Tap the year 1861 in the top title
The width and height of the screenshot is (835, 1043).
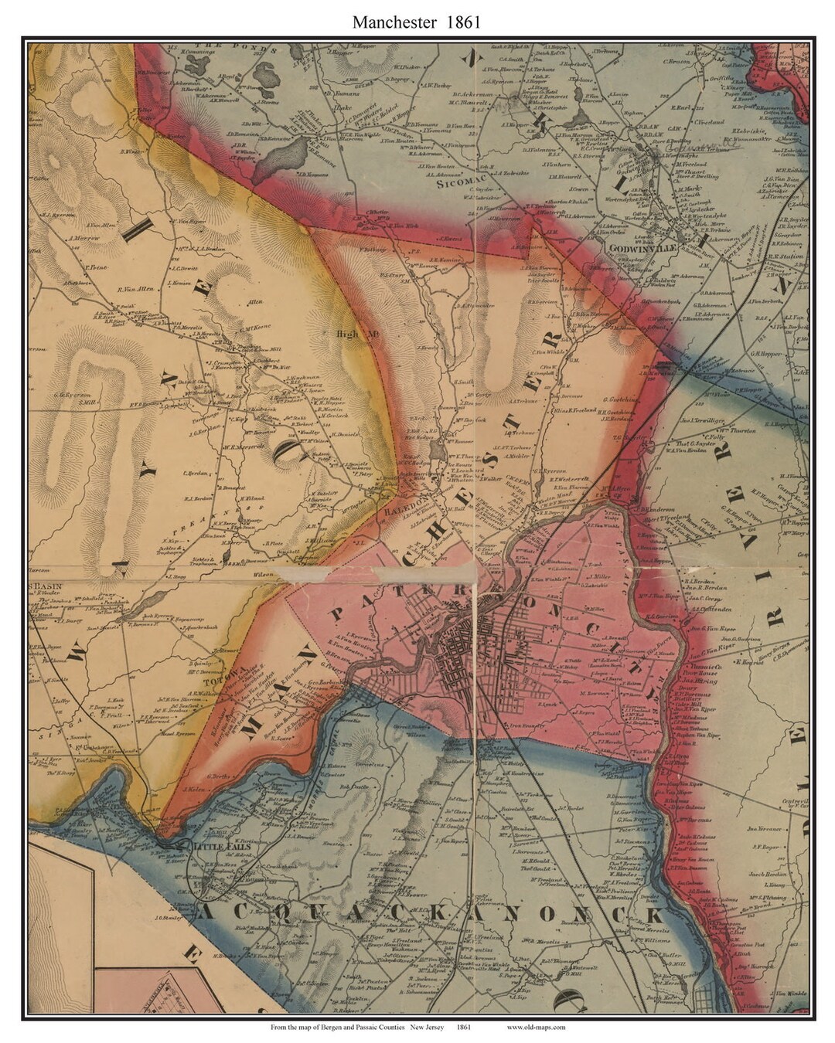coord(462,22)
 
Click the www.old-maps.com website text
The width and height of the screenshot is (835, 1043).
coord(536,1027)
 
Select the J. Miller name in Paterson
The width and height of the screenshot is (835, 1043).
coord(599,576)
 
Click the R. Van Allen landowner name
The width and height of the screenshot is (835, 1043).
coord(135,289)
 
